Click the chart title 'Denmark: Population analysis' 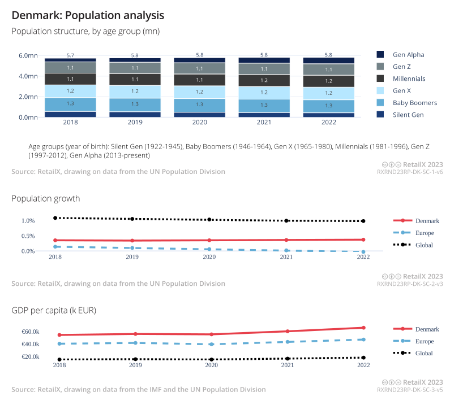(88, 14)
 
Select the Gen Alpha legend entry (408, 55)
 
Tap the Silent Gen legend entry (408, 115)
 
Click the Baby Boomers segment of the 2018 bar (70, 104)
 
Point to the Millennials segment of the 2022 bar (328, 81)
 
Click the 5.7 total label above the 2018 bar (70, 55)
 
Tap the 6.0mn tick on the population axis (28, 56)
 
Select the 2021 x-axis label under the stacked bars (264, 121)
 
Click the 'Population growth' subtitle (46, 198)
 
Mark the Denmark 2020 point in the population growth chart (209, 241)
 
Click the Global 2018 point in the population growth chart (55, 218)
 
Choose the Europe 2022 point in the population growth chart (363, 251)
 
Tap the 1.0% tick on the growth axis (28, 221)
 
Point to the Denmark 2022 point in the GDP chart (363, 328)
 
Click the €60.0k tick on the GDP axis (30, 332)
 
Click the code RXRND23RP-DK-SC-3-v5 (410, 390)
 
